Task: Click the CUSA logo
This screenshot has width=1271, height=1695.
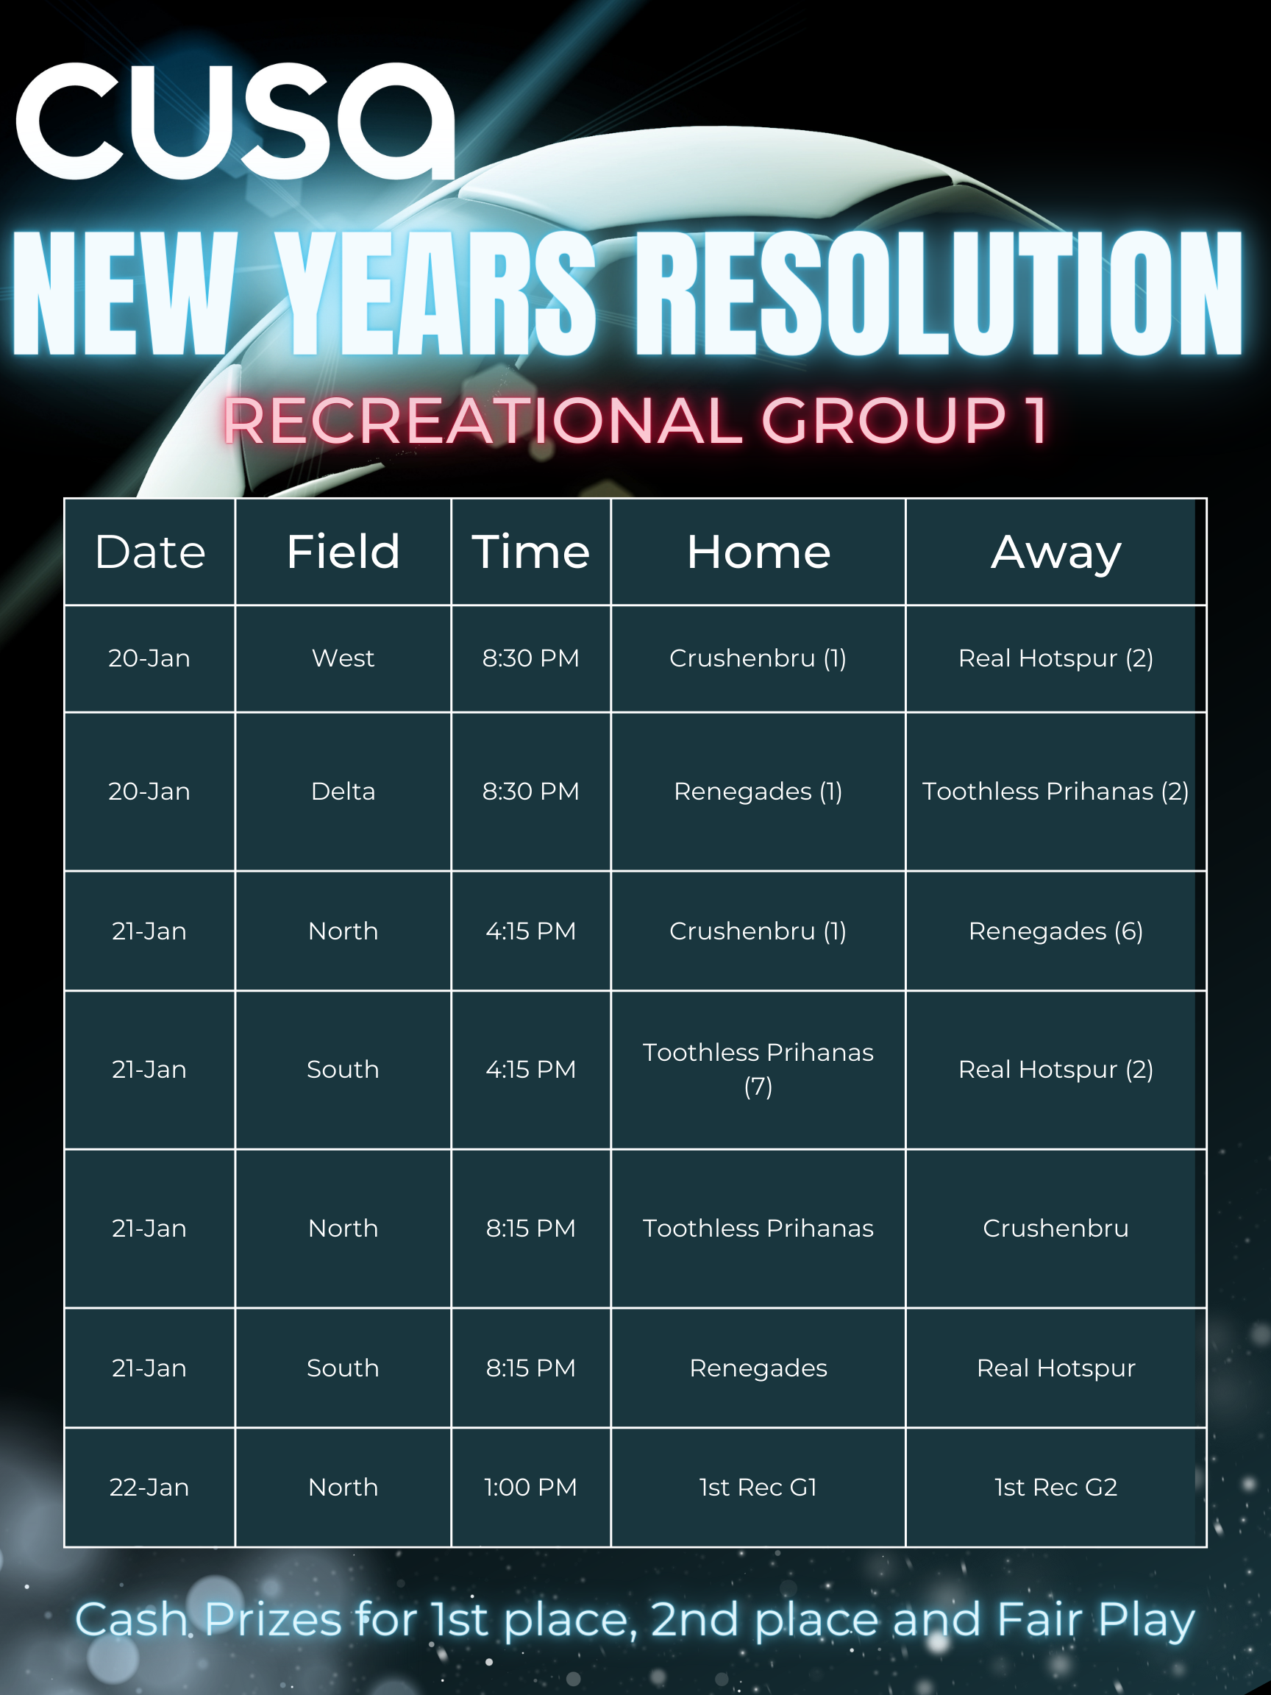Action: [x=235, y=121]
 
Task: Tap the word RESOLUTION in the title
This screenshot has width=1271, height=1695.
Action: [x=939, y=294]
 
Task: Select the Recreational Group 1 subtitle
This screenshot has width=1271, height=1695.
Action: [x=635, y=421]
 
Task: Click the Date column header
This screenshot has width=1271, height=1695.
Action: [x=150, y=552]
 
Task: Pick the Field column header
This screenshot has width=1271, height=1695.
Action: [x=343, y=552]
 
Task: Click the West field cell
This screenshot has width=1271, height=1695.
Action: [x=343, y=658]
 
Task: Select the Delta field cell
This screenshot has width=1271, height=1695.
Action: [x=343, y=792]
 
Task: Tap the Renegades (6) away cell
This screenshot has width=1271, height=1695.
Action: [x=1055, y=931]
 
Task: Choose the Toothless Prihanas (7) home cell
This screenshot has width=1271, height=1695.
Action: [x=758, y=1069]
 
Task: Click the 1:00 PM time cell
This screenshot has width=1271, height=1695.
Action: [x=530, y=1488]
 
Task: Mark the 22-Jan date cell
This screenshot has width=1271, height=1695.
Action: [x=149, y=1488]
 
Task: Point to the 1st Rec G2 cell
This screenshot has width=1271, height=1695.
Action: [x=1055, y=1488]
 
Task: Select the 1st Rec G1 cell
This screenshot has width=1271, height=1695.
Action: [x=758, y=1488]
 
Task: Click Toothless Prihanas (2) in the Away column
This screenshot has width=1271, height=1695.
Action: [x=1055, y=792]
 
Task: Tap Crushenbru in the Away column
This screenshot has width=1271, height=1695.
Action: [x=1055, y=1229]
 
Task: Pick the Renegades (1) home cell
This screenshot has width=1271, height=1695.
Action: [x=758, y=792]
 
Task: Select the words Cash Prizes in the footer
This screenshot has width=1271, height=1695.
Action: [x=208, y=1619]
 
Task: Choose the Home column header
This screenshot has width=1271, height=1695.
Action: [x=758, y=552]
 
